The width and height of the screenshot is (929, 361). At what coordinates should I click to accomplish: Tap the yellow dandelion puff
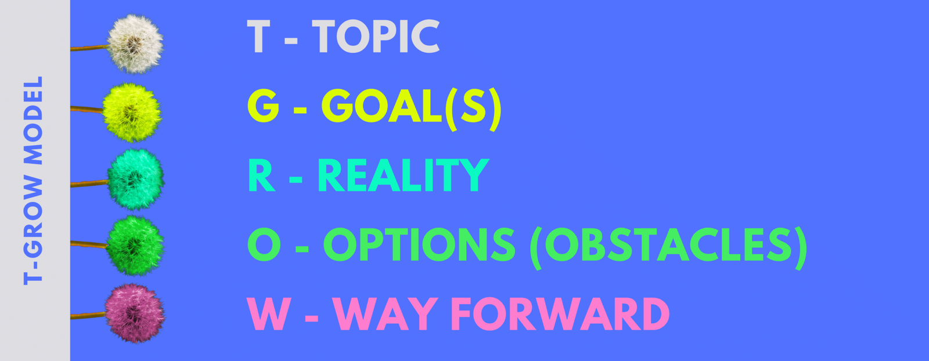132,113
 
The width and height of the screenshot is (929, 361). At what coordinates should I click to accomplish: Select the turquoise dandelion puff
136,179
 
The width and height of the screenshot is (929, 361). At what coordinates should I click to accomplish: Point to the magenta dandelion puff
135,313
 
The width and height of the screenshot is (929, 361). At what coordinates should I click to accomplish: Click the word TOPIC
376,37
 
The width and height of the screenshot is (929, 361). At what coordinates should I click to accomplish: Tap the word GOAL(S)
411,107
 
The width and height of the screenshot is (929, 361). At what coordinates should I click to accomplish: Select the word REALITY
403,175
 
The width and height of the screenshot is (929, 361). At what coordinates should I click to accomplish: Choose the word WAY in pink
386,314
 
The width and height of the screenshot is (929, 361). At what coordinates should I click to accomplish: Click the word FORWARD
560,314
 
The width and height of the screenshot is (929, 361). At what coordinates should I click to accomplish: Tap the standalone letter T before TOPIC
259,37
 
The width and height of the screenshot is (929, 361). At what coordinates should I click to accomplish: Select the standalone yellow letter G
263,107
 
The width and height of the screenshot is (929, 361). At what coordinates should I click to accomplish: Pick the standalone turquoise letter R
261,175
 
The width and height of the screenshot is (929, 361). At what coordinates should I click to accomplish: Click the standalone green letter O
264,244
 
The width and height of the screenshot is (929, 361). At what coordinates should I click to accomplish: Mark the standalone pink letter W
269,314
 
